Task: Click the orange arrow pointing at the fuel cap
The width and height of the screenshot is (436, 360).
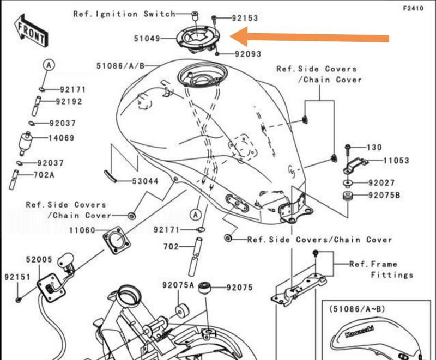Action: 309,36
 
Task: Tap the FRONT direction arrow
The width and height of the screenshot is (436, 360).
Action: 31,31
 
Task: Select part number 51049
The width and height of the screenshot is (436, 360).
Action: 147,39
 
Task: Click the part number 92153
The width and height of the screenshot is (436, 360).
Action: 245,19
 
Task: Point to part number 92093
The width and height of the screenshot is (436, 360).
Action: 248,53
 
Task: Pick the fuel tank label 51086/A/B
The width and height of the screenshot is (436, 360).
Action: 120,66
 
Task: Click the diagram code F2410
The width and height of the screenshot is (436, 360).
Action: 413,8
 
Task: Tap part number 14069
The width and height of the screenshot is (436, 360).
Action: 62,138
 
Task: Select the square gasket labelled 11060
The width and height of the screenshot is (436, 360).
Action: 117,240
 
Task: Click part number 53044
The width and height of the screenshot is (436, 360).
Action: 145,181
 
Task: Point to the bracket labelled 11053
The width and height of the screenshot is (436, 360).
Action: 356,164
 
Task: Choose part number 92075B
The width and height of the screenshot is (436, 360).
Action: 384,196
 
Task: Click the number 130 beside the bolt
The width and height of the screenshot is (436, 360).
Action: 374,147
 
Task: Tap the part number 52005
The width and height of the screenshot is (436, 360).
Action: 39,259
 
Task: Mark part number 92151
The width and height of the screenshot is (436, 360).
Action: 17,277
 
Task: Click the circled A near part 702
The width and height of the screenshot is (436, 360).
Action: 196,215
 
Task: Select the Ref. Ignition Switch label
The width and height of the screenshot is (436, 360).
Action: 124,14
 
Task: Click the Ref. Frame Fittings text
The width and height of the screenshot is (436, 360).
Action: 381,270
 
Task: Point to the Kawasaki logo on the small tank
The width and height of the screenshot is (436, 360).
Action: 360,331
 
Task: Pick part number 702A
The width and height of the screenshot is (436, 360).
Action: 44,175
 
